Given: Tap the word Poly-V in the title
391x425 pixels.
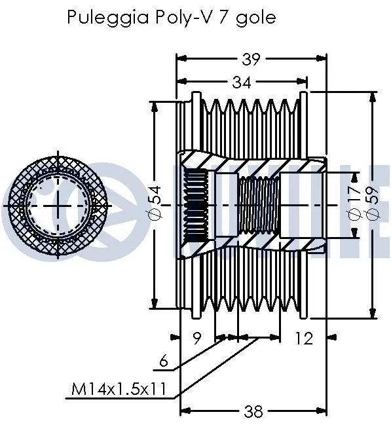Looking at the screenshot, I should pyautogui.click(x=175, y=18).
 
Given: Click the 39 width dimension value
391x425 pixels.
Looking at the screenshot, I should pyautogui.click(x=250, y=59).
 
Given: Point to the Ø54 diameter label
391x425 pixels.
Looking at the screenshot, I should pyautogui.click(x=155, y=204).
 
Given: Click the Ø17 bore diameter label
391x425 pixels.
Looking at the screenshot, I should pyautogui.click(x=354, y=205).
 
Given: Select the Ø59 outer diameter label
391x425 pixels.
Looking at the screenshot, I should pyautogui.click(x=374, y=205).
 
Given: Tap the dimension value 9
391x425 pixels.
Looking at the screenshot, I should pyautogui.click(x=197, y=338).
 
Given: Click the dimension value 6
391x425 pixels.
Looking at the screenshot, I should pyautogui.click(x=164, y=360).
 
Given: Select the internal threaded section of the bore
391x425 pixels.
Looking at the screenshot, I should pyautogui.click(x=258, y=204).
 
